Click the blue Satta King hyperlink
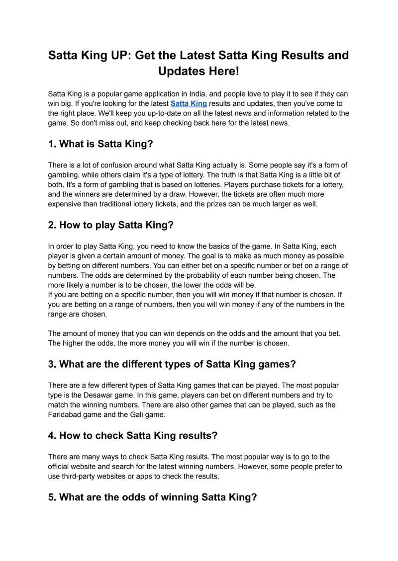point(189,103)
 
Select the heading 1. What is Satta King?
point(100,144)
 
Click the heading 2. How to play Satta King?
point(110,225)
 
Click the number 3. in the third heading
point(52,364)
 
